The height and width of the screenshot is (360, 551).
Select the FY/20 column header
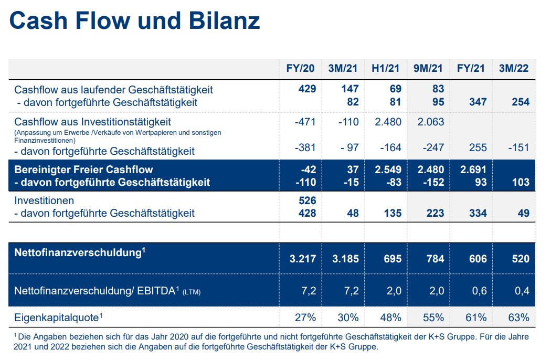301,68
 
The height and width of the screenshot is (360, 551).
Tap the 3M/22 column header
514,68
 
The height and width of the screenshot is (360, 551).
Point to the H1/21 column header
386,68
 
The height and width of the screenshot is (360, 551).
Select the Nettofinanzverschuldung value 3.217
302,259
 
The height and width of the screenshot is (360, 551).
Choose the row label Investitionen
44,200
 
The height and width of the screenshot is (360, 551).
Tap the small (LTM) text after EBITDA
191,292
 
